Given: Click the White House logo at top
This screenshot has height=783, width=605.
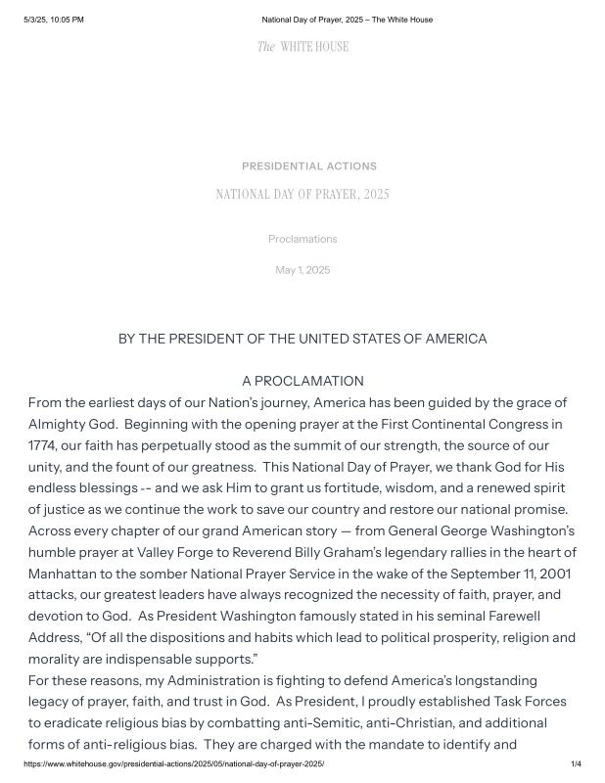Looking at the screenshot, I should point(302,47).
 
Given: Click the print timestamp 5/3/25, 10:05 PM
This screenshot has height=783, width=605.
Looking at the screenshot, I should point(54,20).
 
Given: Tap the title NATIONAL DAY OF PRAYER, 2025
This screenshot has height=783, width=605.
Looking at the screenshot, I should point(302,195).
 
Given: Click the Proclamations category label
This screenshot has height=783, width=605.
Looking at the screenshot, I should point(302,239).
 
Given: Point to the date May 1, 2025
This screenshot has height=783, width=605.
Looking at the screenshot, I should point(302,270).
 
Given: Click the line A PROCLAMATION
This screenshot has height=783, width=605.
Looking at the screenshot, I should point(302,381).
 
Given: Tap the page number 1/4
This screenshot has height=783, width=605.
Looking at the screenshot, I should point(576,763).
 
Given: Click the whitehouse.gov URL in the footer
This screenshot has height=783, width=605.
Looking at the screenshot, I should point(173,763).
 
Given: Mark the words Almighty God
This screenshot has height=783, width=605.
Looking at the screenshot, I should point(74,424).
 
